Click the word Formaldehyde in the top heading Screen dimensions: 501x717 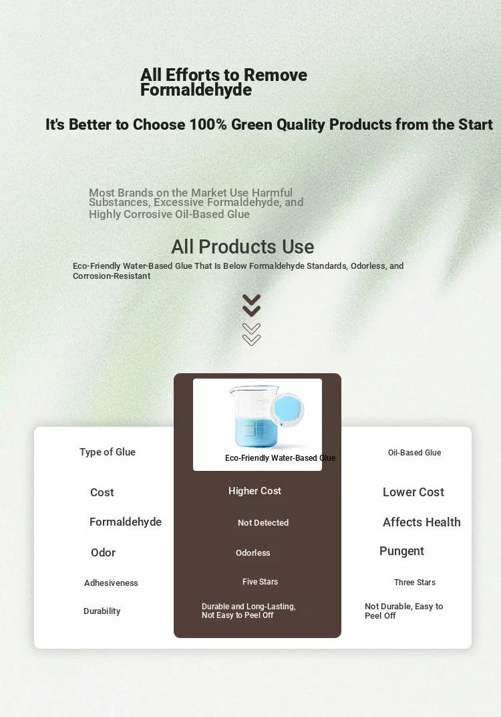[196, 90]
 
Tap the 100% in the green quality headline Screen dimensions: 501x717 [208, 124]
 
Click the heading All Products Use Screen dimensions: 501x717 [242, 247]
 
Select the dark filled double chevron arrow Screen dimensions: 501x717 [251, 306]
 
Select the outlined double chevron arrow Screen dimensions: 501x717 [251, 334]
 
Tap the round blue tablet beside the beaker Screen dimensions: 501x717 [287, 410]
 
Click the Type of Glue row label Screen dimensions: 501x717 [108, 451]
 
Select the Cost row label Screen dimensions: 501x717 [102, 492]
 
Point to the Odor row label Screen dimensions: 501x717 [104, 552]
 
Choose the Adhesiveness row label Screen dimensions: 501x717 [111, 583]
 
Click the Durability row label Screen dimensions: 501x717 [102, 611]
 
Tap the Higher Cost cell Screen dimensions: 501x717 [255, 491]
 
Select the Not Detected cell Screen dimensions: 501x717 [263, 522]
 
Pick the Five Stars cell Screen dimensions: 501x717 [260, 582]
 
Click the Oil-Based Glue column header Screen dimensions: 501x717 [414, 453]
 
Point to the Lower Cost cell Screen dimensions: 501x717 [413, 492]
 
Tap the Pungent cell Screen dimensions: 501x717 [402, 552]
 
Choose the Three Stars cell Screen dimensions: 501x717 [415, 582]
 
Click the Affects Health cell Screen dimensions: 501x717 [422, 522]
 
